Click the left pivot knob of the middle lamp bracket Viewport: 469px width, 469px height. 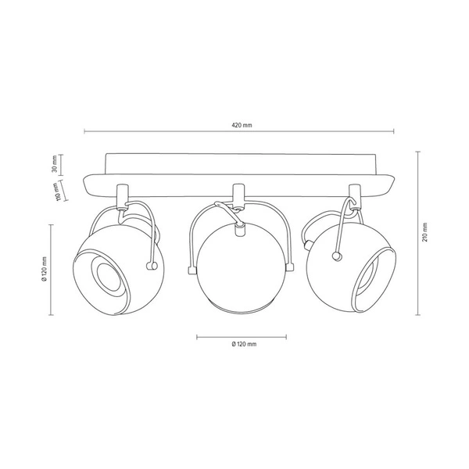(190, 270)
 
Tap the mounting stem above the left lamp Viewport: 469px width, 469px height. (121, 195)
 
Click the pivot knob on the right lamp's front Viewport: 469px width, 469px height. (336, 255)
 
